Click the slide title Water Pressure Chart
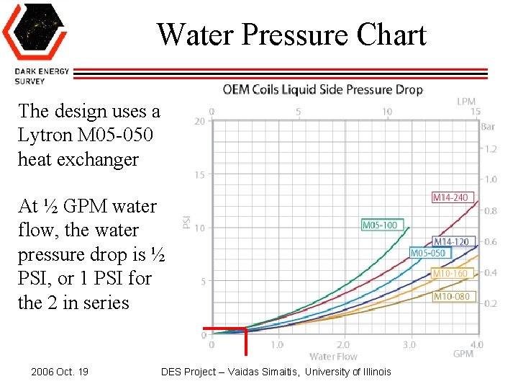click(x=291, y=34)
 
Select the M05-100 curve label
click(x=379, y=225)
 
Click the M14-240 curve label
click(x=450, y=197)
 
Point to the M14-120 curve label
click(x=450, y=241)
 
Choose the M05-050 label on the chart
click(x=427, y=253)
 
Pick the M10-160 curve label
click(x=450, y=274)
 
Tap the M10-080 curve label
click(x=450, y=296)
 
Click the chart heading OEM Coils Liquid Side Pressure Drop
click(x=322, y=90)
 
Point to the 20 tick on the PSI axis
click(x=200, y=122)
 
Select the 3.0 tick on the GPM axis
click(x=409, y=345)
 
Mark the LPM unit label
click(x=466, y=102)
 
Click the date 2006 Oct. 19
click(x=60, y=372)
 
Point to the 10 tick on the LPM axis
click(x=387, y=112)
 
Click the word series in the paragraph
click(x=104, y=303)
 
